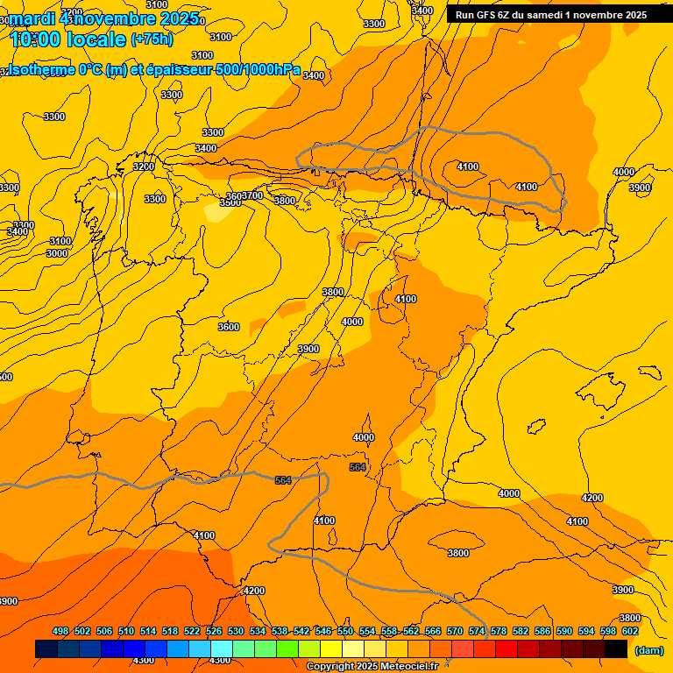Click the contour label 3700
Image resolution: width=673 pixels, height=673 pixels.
point(253,195)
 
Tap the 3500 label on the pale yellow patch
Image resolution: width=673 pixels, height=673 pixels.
point(230,202)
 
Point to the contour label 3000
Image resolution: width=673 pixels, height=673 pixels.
point(57,253)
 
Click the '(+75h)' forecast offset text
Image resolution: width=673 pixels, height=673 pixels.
point(152,39)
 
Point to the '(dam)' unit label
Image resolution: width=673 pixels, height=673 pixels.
point(648,650)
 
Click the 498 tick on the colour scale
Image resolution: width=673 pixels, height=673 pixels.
point(60,631)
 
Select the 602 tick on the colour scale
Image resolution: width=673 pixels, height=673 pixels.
point(630,631)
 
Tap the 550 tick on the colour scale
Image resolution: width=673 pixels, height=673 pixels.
point(345,631)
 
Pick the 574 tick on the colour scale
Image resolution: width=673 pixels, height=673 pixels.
point(477,631)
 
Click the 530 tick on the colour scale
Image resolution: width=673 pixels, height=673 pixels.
point(236,631)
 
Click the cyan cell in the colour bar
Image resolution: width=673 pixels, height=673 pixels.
point(222,649)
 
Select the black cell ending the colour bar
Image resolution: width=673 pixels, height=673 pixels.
point(616,649)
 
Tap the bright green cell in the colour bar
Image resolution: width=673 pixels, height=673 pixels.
point(287,649)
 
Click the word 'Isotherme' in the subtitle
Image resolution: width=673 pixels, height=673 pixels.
point(39,70)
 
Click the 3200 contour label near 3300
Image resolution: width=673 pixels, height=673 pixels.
point(143,166)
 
